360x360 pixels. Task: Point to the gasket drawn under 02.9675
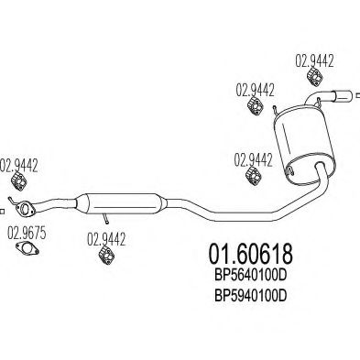tap(31, 257)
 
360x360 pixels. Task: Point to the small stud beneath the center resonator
tap(107, 218)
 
